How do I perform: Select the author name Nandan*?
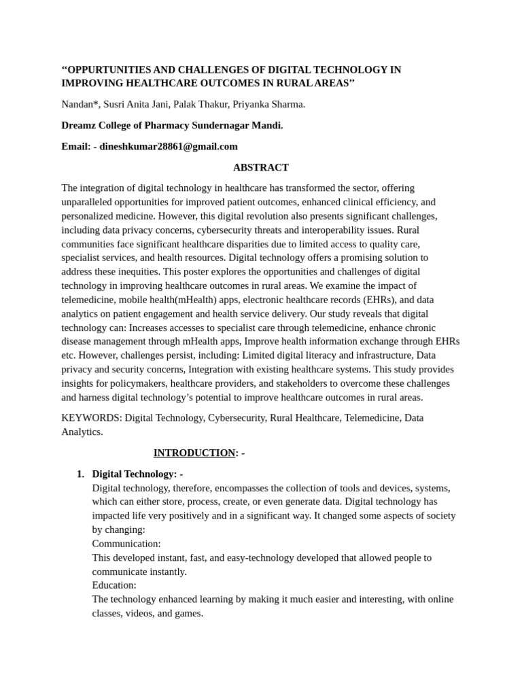[x=80, y=104]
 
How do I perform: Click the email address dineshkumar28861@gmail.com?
[x=169, y=146]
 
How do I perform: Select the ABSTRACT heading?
[x=260, y=167]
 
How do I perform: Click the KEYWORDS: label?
[x=91, y=417]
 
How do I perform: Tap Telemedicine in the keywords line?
[x=372, y=417]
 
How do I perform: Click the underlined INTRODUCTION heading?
[x=194, y=453]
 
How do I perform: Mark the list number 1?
[x=80, y=474]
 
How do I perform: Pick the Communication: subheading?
[x=126, y=544]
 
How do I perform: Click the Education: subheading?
[x=114, y=585]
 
